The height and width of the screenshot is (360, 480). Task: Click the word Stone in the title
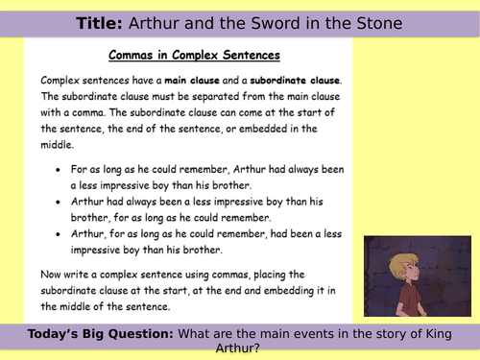point(374,22)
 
